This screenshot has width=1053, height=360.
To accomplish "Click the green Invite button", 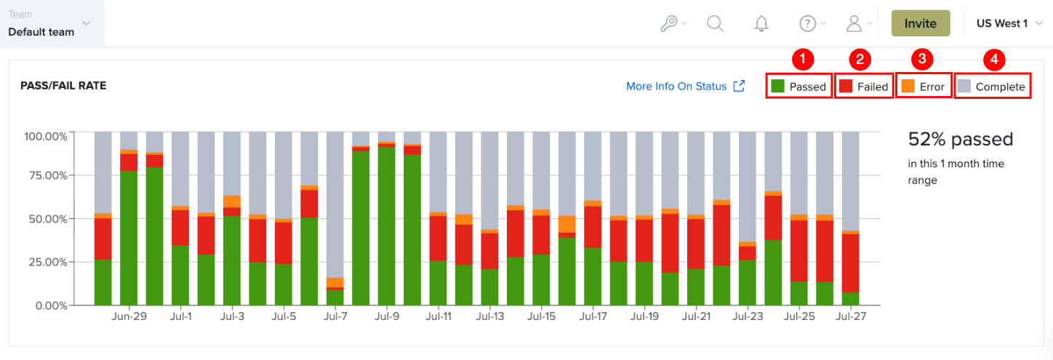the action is coord(921,23).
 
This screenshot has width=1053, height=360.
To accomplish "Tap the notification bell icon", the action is coord(761,23).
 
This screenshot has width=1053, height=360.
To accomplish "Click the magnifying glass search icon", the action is coord(715,23).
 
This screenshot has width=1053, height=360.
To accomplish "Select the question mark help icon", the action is coord(808,23).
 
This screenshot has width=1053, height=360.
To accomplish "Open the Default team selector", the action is coord(49,23).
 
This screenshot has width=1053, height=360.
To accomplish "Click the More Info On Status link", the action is coord(685,87).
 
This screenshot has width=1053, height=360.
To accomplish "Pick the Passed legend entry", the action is coord(798,87).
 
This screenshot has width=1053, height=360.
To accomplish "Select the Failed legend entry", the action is coord(863,87).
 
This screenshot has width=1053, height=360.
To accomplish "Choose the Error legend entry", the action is coord(923,87).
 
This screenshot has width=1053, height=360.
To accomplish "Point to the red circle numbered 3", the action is coord(922,59).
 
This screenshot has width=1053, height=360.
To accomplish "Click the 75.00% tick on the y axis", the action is coord(48,176).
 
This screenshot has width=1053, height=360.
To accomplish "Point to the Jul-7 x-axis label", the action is coord(335,316).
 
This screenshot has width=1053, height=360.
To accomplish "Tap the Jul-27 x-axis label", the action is coord(851,316).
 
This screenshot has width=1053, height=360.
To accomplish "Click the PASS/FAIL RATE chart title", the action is coord(63,86).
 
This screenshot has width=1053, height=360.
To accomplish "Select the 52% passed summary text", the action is coord(961,139).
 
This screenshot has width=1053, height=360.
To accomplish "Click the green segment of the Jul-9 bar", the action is coord(386,226).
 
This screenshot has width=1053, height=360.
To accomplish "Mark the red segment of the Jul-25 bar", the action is coord(798,251).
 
